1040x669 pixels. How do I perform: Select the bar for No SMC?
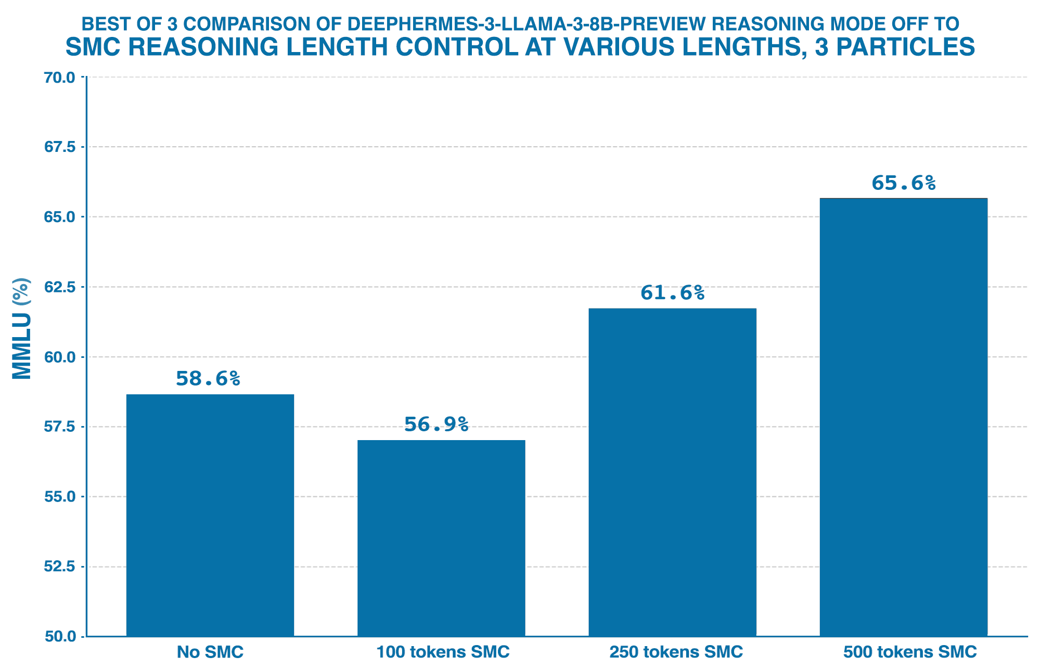(210, 515)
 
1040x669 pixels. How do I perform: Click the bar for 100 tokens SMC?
(441, 538)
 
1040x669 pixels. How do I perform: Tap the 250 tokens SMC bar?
(672, 472)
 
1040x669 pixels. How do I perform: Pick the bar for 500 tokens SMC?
(903, 417)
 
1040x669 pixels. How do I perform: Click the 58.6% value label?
(208, 379)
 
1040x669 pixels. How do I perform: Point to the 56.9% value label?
(436, 424)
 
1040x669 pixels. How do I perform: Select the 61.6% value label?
(672, 293)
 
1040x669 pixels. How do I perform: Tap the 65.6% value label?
(904, 183)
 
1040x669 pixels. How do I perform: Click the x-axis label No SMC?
(210, 652)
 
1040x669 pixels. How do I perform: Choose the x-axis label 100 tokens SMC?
(443, 652)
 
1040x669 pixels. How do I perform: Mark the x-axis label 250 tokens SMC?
(676, 652)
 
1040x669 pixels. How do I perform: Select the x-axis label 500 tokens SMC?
(910, 652)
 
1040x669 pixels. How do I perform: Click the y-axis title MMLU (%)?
(22, 329)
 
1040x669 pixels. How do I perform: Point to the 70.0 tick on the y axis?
(60, 78)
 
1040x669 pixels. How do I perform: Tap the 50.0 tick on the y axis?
(60, 636)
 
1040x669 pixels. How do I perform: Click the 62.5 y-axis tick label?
(60, 287)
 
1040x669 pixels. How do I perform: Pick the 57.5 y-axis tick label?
(60, 427)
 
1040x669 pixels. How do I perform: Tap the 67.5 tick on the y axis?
(60, 147)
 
